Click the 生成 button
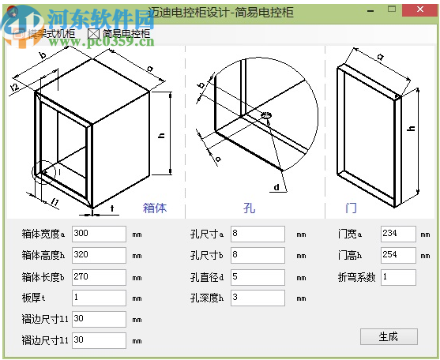point(388,336)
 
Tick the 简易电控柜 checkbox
point(93,34)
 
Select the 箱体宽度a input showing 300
point(98,234)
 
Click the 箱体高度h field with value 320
point(98,255)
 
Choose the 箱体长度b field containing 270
point(98,277)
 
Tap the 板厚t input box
point(98,298)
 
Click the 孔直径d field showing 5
point(257,277)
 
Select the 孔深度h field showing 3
point(257,298)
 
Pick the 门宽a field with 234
point(397,234)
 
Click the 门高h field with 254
point(397,255)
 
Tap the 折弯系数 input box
point(397,277)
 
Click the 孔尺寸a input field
point(257,234)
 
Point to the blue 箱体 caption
point(154,208)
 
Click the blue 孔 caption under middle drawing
point(249,208)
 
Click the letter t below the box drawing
point(112,209)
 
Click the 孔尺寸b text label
point(207,256)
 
